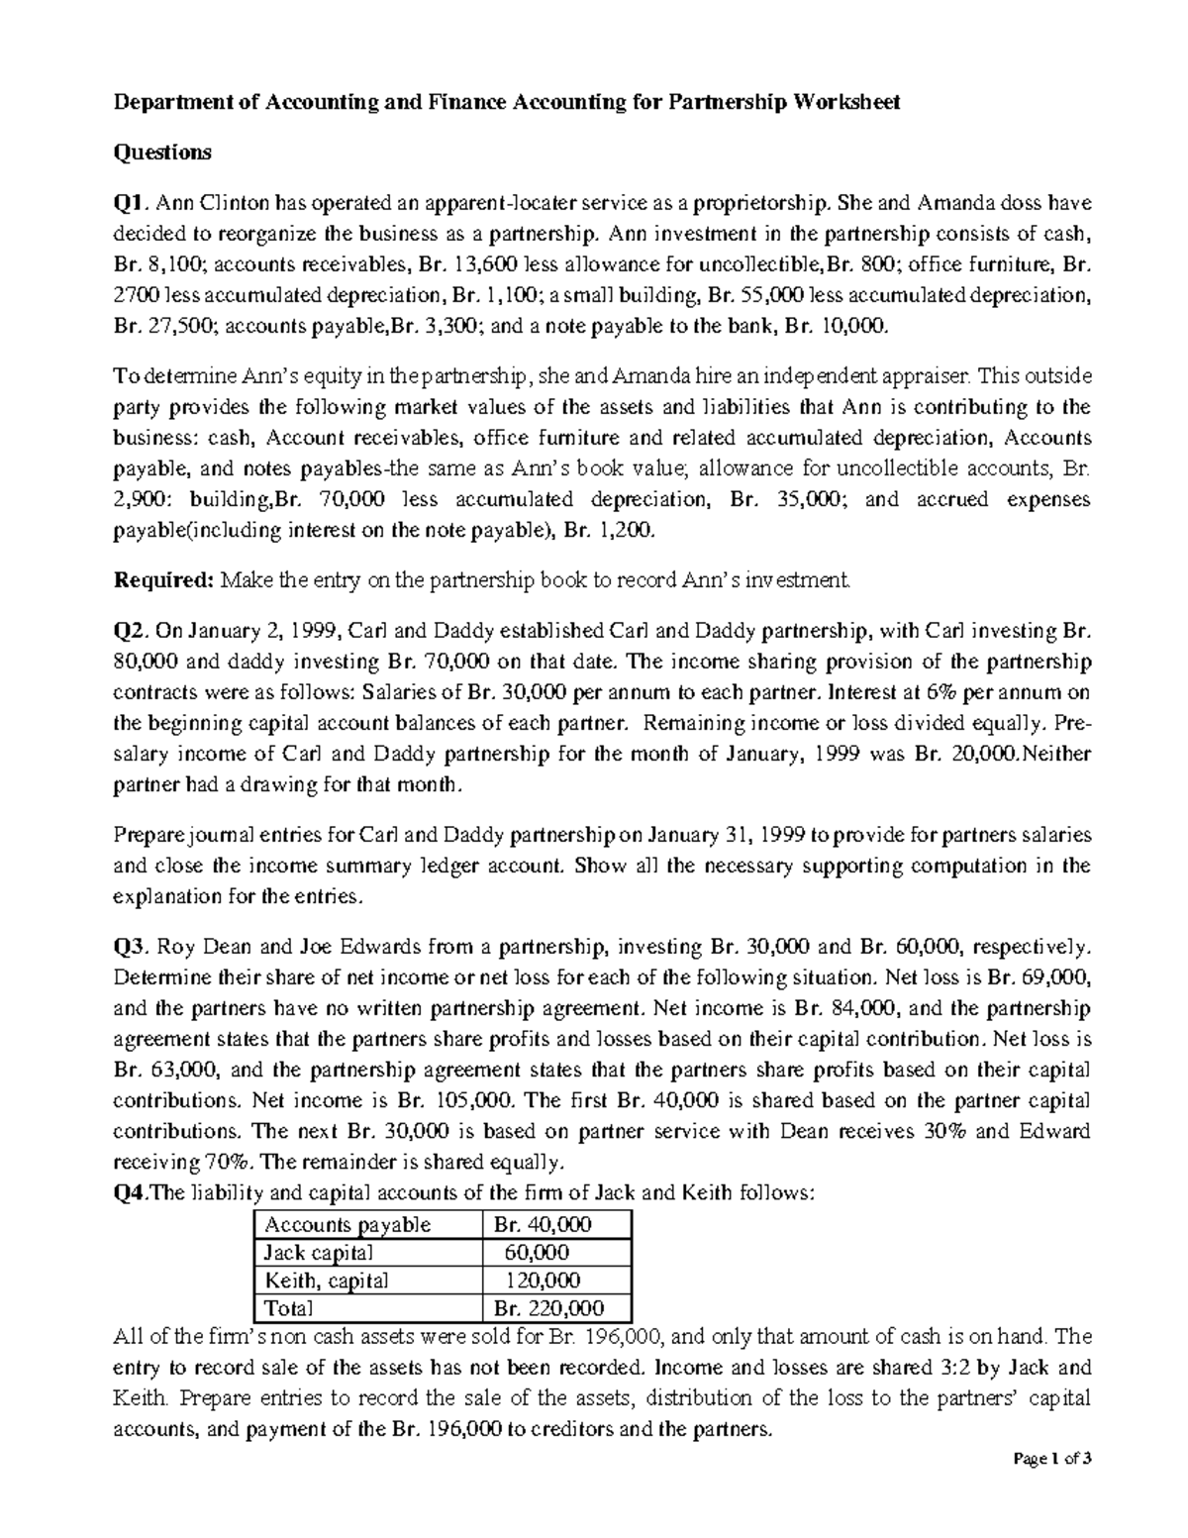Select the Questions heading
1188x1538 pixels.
(x=163, y=153)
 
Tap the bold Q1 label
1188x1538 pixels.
(x=130, y=204)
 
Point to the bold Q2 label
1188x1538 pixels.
(x=130, y=630)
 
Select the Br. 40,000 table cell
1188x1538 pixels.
(x=542, y=1224)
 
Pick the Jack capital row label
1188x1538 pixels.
(x=317, y=1252)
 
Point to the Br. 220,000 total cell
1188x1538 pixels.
(x=548, y=1307)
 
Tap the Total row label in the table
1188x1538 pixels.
(x=288, y=1307)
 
